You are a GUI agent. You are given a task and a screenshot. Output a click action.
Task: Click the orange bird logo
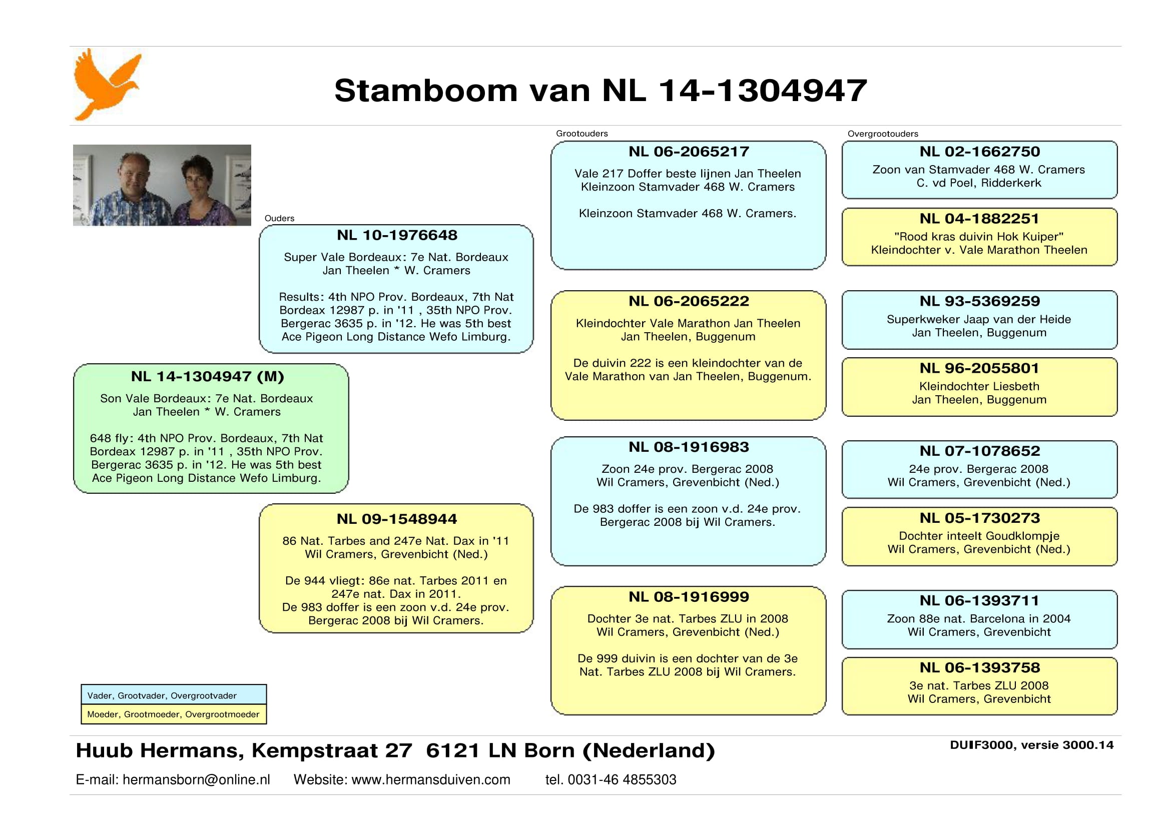point(107,84)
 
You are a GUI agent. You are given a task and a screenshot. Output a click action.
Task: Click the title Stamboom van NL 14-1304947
point(601,90)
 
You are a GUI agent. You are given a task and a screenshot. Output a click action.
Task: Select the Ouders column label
point(280,218)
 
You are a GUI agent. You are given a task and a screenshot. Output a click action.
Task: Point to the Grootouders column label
point(582,134)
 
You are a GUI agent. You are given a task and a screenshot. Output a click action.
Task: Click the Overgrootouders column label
point(883,134)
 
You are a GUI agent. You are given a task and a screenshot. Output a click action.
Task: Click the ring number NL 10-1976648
point(397,235)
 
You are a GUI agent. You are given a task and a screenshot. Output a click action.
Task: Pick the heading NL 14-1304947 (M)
point(207,376)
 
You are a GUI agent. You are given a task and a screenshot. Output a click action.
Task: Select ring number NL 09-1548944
point(397,519)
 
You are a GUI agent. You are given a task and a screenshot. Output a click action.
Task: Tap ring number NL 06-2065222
point(689,301)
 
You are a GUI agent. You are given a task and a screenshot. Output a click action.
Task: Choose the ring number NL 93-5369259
point(980,301)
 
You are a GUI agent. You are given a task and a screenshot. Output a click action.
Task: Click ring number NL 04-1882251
point(980,218)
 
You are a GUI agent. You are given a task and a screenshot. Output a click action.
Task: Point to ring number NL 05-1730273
point(980,518)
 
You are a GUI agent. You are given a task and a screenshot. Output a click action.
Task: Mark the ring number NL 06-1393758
point(980,667)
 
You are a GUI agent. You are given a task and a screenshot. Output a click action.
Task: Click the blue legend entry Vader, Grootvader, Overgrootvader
point(162,696)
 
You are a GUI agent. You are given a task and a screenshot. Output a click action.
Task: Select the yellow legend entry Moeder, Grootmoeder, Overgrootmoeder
point(174,714)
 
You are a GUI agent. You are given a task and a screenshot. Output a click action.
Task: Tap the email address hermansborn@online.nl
point(196,779)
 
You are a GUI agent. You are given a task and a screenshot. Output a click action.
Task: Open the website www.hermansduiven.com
point(431,779)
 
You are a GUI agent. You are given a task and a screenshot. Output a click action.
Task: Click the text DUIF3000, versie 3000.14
point(1032,745)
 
